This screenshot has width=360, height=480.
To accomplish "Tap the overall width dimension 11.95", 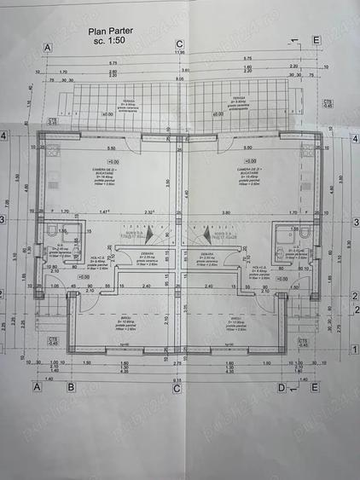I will pos(179,52).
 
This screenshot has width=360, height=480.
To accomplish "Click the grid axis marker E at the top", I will pos(316,41).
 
